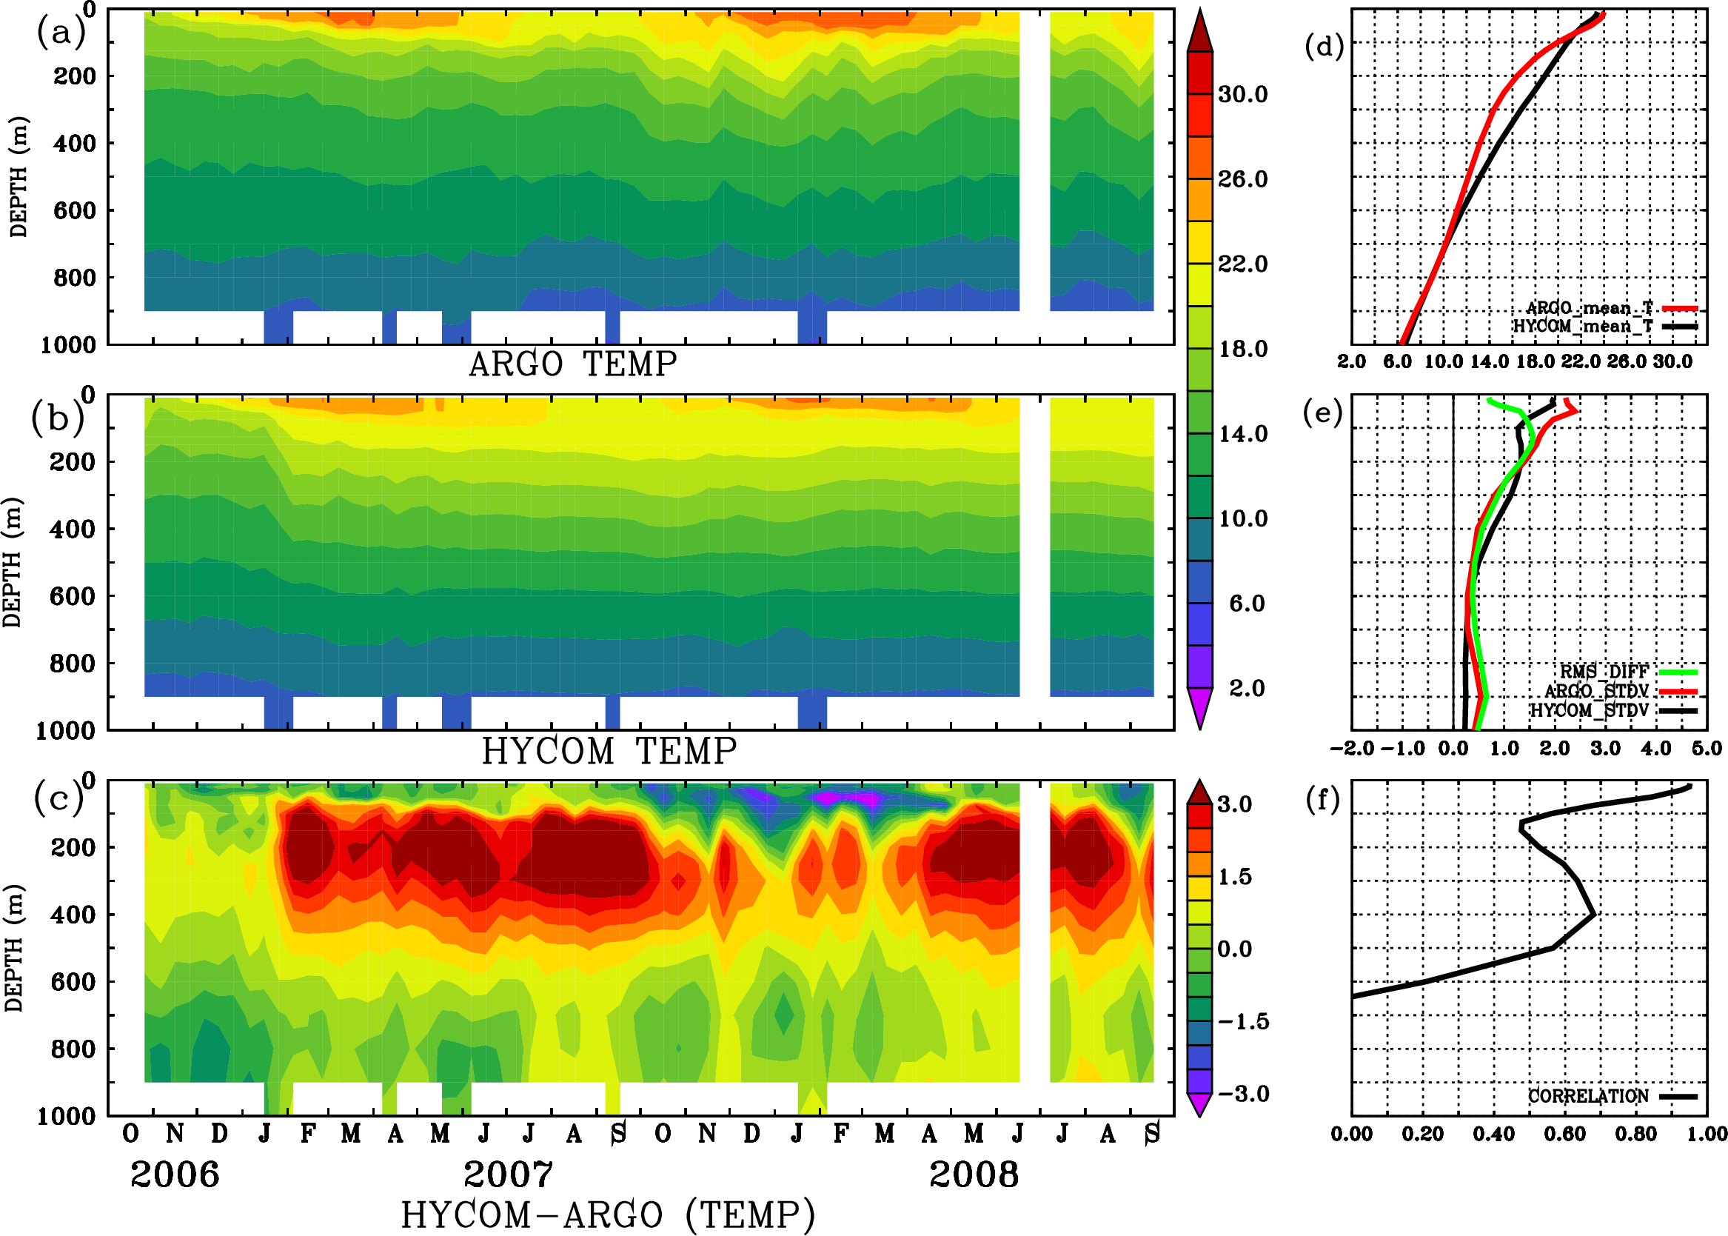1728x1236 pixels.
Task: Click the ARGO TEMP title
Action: point(572,364)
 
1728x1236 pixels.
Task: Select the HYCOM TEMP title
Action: point(609,751)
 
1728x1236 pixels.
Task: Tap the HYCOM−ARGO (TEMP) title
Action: point(608,1215)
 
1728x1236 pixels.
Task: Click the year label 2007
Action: point(509,1175)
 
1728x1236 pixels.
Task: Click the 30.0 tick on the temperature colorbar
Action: point(1242,94)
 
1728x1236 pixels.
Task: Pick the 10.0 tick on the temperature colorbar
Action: point(1242,519)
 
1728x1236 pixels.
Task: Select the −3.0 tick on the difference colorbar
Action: point(1242,1094)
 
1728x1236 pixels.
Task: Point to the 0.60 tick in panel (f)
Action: point(1564,1135)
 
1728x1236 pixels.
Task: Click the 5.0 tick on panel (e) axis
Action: point(1707,749)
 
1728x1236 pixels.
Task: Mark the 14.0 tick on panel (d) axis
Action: point(1489,361)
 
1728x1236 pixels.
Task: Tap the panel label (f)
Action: point(1322,799)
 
